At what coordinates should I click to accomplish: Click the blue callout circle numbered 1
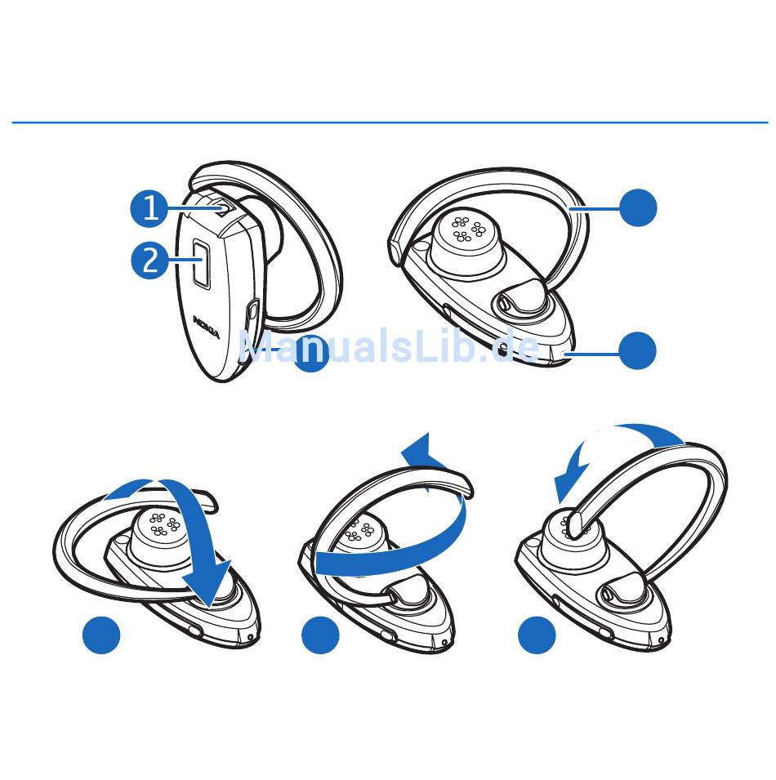[x=149, y=208]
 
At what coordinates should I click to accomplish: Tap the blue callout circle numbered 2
[x=149, y=260]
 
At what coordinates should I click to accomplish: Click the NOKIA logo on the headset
[x=207, y=327]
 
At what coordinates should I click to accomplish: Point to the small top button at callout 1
[x=224, y=208]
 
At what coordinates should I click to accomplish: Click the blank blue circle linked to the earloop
[x=638, y=208]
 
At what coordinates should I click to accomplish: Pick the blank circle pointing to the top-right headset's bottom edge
[x=638, y=350]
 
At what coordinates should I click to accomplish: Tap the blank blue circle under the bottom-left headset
[x=101, y=635]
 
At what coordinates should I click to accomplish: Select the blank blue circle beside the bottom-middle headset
[x=321, y=635]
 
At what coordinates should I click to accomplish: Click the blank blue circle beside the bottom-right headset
[x=537, y=635]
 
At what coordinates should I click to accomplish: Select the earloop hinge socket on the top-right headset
[x=517, y=300]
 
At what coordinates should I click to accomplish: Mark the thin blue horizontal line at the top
[x=390, y=123]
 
